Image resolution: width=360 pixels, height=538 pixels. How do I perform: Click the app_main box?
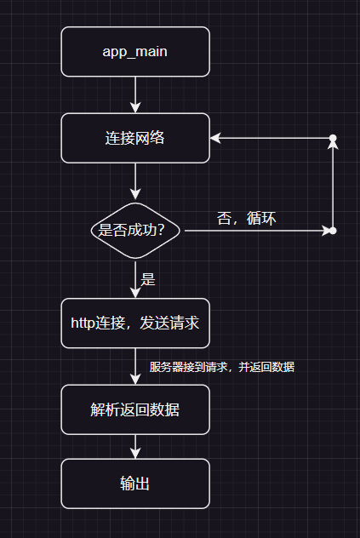coord(134,51)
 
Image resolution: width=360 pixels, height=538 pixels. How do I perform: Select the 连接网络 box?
coord(134,138)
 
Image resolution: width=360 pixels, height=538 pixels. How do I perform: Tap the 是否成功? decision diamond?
coord(134,230)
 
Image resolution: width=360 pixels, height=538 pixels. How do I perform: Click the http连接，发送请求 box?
coord(134,323)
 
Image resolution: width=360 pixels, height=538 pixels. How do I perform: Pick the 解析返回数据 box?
coord(134,409)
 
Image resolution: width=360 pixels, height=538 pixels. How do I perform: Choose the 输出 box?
coord(134,484)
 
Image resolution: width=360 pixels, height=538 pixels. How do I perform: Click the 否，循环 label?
coord(247,218)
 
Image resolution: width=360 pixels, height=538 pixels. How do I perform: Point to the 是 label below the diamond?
coord(147,278)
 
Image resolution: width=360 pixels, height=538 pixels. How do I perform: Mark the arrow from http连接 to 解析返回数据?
coord(134,366)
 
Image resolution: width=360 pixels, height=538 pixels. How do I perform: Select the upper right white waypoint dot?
coord(333,138)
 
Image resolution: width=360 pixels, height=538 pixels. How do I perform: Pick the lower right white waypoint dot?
coord(333,231)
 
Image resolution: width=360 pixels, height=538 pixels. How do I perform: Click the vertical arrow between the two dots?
coord(333,184)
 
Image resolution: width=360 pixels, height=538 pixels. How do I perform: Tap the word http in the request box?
coord(84,323)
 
